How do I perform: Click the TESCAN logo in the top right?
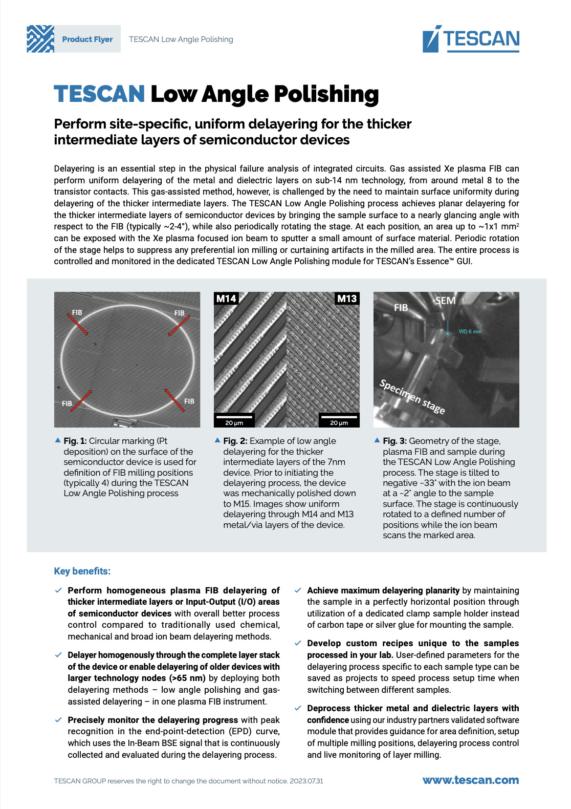471,39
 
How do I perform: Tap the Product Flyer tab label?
87,39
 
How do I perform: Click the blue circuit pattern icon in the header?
40,39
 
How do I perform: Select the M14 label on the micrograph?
226,299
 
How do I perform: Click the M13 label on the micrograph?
347,299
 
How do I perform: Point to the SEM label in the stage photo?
445,301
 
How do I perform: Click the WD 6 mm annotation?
470,332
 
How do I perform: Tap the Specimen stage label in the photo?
412,397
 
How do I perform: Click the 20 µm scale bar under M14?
234,419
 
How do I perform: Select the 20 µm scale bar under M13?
339,419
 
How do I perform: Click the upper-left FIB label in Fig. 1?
77,312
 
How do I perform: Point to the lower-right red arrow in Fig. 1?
174,400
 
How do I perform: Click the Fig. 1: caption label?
75,441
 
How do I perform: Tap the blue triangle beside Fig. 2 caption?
217,440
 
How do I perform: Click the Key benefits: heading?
82,571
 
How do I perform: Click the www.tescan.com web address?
470,780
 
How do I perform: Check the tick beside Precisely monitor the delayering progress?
58,720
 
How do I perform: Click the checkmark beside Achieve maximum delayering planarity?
298,590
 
